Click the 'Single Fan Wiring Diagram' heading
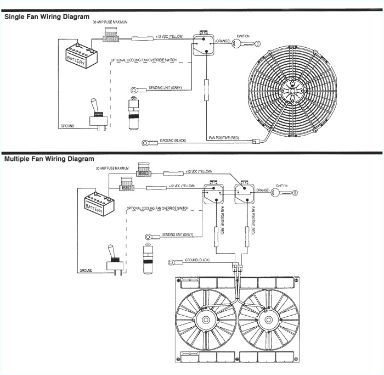click(x=47, y=16)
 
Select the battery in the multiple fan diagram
click(x=98, y=206)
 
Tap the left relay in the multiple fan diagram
click(x=212, y=195)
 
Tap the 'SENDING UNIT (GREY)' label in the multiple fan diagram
click(x=179, y=234)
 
